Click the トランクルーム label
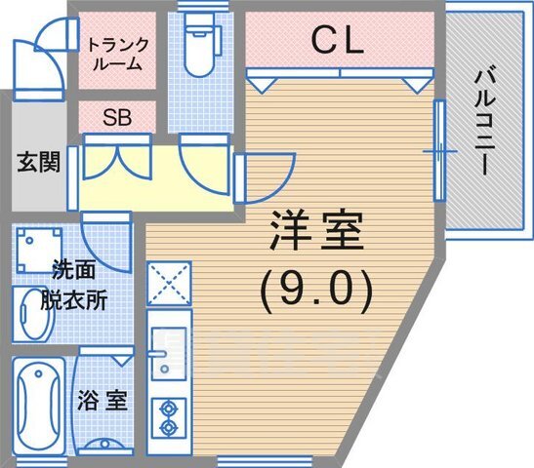click(x=116, y=54)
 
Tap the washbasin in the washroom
click(x=26, y=312)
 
